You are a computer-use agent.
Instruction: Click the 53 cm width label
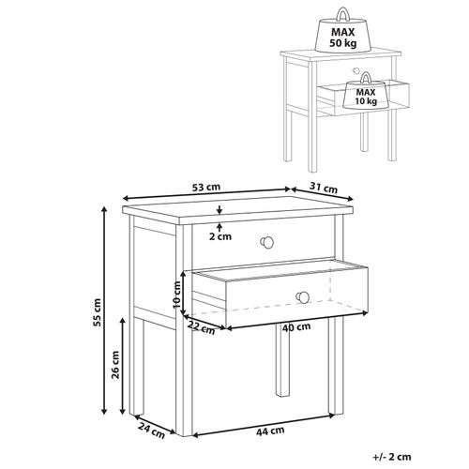[206, 188]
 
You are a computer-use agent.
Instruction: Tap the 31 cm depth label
[324, 188]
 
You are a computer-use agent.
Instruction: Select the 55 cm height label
[98, 312]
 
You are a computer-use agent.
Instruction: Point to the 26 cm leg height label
[115, 365]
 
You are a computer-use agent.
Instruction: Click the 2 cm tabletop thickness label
[220, 236]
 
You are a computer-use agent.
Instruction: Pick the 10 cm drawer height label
[176, 295]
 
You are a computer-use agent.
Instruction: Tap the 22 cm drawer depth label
[201, 327]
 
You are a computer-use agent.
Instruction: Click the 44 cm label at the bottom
[270, 431]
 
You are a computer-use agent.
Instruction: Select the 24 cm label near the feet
[151, 431]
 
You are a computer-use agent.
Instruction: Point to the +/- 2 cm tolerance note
[392, 457]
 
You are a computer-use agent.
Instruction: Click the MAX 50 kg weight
[342, 34]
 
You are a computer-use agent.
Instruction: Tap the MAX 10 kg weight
[366, 93]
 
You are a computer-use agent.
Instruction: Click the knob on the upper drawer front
[267, 242]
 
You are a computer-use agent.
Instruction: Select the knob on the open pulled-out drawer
[302, 296]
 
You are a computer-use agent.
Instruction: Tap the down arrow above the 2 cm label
[219, 210]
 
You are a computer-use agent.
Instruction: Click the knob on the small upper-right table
[356, 70]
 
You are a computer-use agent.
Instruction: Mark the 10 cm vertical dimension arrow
[184, 293]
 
